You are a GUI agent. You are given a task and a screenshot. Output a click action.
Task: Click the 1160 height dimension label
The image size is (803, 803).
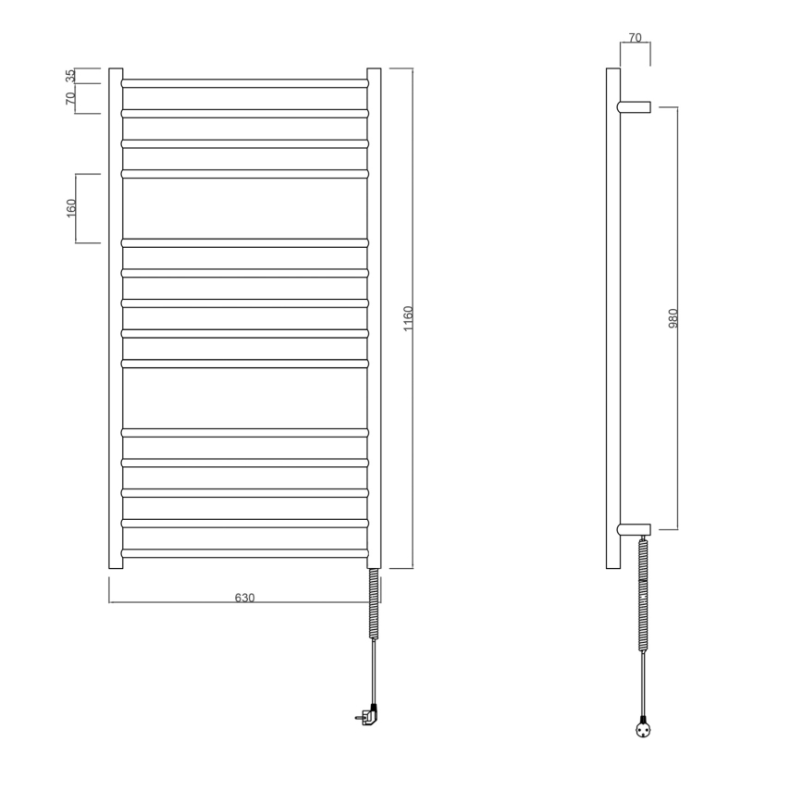tap(408, 318)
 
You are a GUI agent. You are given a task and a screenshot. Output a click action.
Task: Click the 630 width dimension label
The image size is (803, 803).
tap(244, 598)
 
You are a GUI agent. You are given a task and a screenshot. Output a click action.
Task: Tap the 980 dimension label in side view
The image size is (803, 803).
tap(673, 318)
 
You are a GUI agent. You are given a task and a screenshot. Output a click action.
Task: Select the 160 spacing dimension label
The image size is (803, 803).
tap(71, 208)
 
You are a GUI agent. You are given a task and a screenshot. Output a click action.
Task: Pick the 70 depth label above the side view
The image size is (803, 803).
tap(635, 38)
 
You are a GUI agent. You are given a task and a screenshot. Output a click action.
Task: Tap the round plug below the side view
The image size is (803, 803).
tap(644, 729)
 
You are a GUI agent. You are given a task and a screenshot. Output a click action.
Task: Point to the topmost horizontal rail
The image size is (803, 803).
tap(244, 83)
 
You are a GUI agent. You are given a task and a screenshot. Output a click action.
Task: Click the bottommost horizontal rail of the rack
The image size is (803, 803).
tap(244, 553)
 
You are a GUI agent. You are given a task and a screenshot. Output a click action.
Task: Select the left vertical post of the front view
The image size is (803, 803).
tap(116, 318)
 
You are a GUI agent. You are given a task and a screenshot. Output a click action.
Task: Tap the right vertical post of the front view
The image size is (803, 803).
tap(374, 318)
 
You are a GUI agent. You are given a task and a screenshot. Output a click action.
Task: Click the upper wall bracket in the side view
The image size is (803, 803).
tap(635, 107)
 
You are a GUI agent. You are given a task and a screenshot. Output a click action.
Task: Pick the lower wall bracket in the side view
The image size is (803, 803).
tap(635, 530)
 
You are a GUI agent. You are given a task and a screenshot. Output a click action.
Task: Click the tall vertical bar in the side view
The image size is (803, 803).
tap(612, 318)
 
